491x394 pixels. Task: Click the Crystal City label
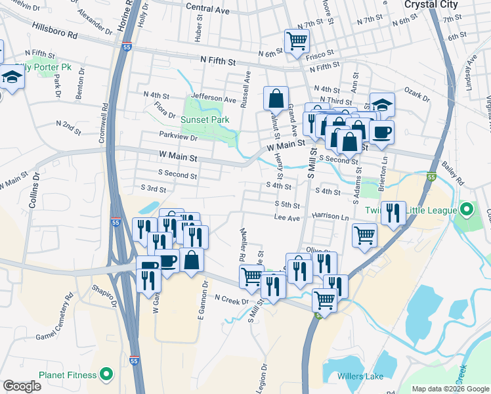(429, 4)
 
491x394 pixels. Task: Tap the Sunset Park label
(205, 120)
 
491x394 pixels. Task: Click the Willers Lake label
(360, 376)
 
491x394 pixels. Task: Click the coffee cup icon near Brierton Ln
(381, 132)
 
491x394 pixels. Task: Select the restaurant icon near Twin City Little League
(393, 212)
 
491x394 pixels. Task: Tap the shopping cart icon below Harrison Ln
(364, 235)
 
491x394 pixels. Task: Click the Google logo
(22, 386)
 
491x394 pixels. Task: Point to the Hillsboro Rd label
(60, 31)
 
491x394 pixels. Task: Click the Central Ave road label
(207, 11)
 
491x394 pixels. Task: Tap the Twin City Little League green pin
(467, 211)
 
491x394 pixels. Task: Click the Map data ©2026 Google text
(451, 389)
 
